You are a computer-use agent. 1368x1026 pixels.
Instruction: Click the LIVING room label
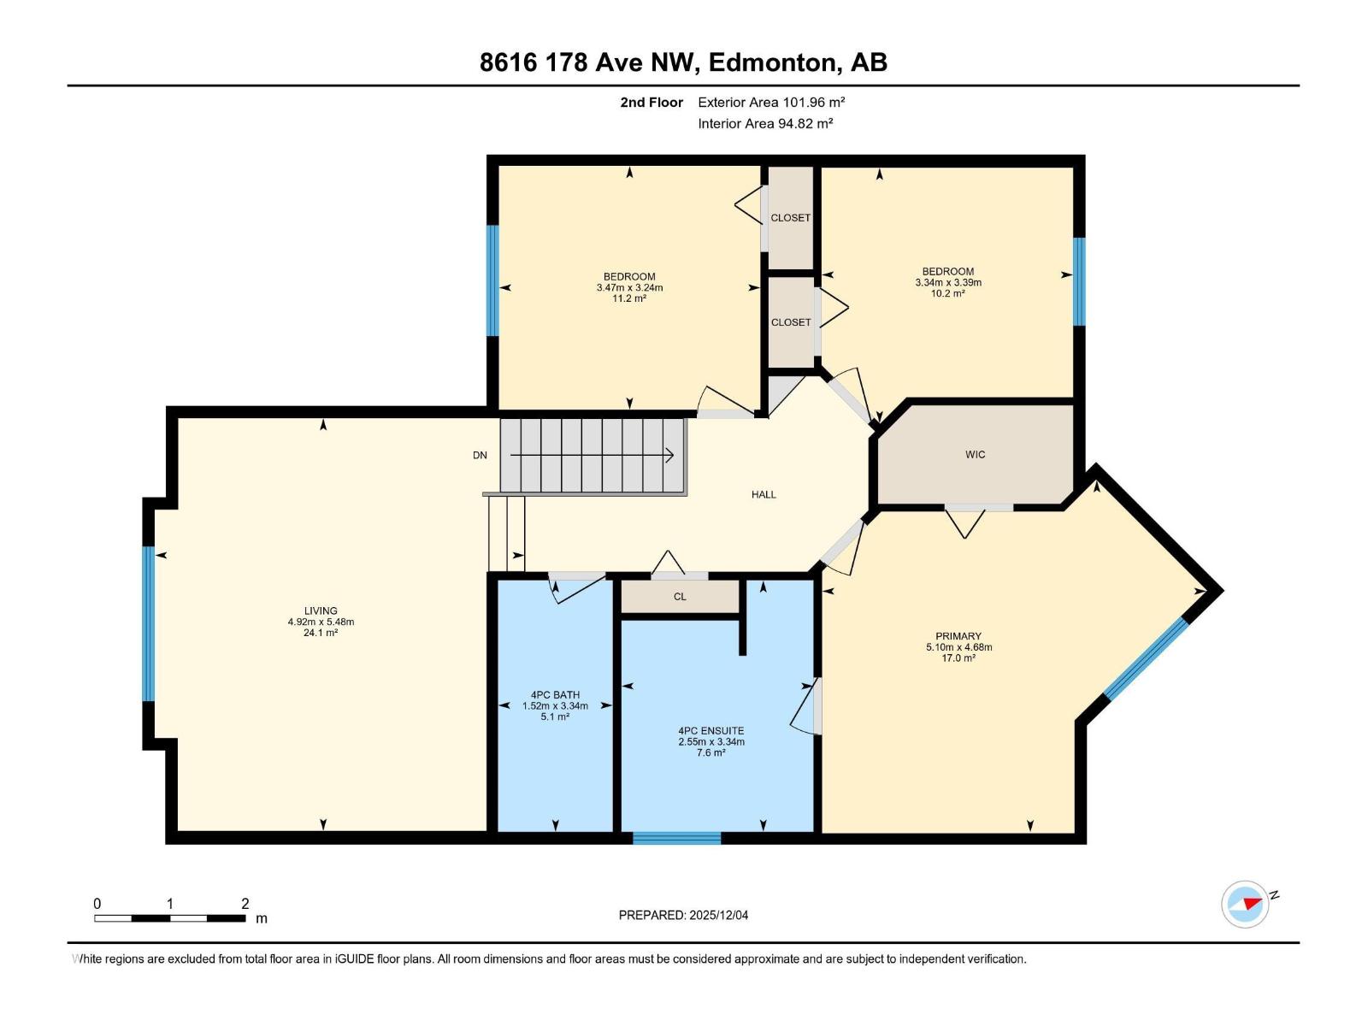point(321,611)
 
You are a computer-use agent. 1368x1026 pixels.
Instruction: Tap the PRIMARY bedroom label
point(958,636)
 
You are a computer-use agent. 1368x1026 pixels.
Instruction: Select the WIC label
point(975,455)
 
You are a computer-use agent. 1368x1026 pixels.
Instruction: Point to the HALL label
point(764,494)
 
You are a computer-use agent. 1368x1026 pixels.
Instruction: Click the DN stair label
point(480,455)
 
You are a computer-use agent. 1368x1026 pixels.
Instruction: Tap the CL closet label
point(680,597)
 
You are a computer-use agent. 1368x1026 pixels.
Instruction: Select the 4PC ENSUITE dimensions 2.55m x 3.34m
point(711,742)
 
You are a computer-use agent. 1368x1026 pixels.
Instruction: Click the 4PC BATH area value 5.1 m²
point(555,716)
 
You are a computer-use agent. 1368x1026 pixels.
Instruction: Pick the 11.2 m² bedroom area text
point(629,298)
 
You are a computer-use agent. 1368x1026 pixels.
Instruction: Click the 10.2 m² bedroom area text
point(947,293)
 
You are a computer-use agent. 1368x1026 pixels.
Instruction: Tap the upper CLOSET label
point(790,218)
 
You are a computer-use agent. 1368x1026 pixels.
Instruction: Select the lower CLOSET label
point(790,322)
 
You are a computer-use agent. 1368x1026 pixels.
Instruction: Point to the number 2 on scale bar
point(245,904)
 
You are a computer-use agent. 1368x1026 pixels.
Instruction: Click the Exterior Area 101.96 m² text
point(771,102)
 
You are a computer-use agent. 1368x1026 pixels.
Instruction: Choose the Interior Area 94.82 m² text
point(765,123)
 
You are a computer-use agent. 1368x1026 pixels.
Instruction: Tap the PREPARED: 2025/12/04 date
point(683,915)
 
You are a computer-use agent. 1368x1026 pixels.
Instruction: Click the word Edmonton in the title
point(772,62)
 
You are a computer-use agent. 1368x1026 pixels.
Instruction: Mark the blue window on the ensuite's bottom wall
point(676,838)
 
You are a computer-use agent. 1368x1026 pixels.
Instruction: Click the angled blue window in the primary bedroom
point(1146,659)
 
